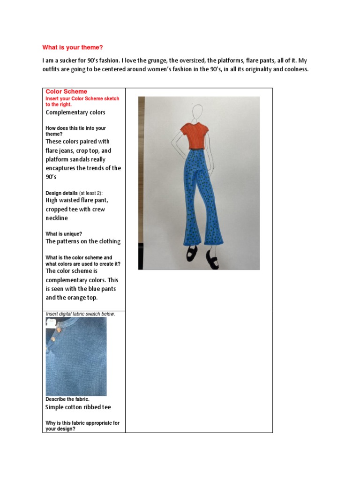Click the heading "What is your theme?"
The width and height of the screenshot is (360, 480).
(x=72, y=47)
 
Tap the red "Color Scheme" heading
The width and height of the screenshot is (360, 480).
(x=66, y=91)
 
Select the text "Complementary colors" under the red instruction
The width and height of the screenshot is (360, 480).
(x=75, y=112)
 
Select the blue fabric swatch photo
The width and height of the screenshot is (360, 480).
(x=76, y=356)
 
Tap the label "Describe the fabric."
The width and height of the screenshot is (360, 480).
(x=67, y=399)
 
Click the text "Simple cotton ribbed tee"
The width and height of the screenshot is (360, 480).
(x=78, y=407)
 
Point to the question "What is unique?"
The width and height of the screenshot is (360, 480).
(x=64, y=233)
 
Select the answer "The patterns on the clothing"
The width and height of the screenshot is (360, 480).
(x=83, y=241)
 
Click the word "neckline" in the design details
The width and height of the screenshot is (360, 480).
(x=57, y=218)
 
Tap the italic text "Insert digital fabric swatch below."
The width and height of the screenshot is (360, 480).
(x=80, y=314)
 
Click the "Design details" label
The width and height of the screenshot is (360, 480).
(x=61, y=193)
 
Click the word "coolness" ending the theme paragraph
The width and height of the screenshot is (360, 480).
(x=292, y=69)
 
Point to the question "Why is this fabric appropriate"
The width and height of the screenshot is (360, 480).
(x=82, y=423)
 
